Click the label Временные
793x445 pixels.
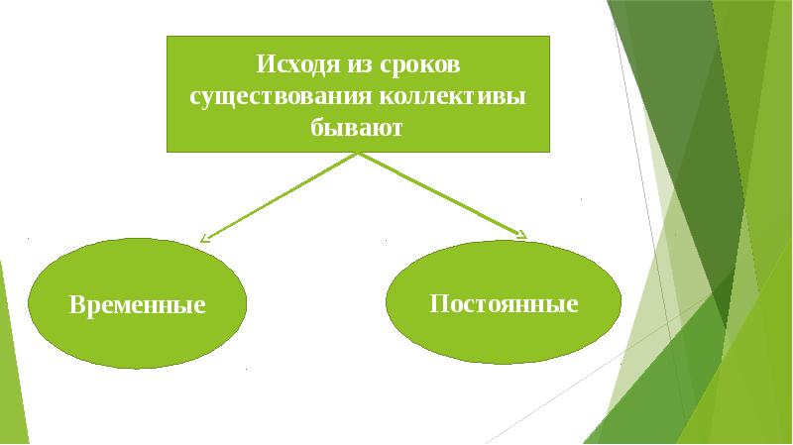click(x=137, y=304)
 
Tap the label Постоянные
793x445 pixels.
click(x=504, y=302)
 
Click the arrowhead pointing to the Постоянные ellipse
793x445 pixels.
click(x=521, y=235)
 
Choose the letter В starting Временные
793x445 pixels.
click(x=75, y=304)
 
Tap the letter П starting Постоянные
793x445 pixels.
click(x=437, y=302)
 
